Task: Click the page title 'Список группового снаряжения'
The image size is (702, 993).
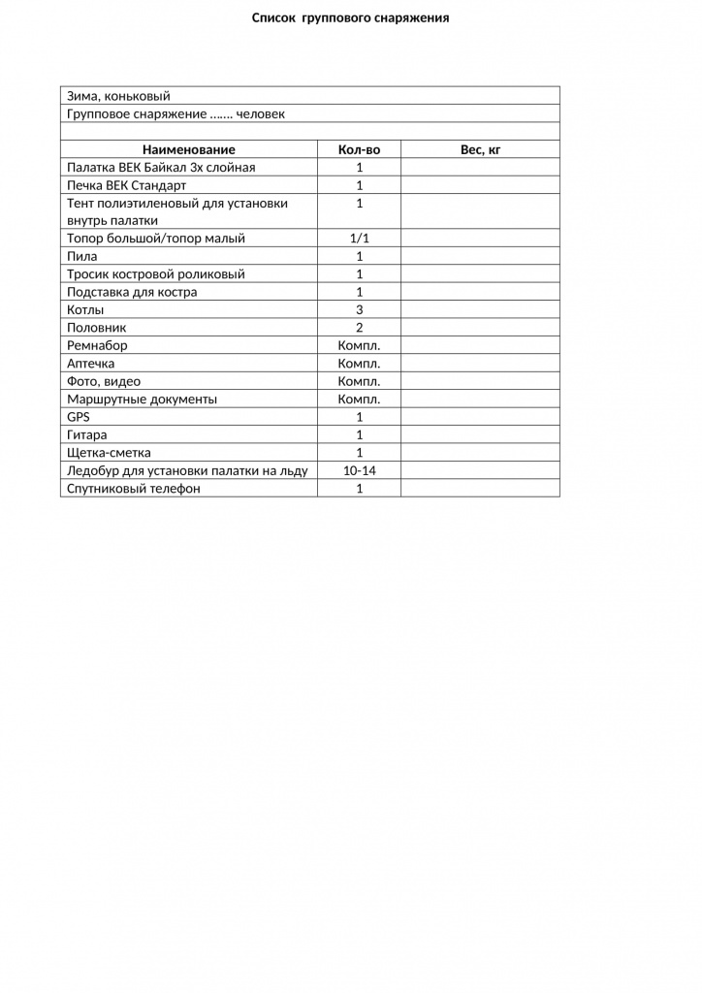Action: [350, 17]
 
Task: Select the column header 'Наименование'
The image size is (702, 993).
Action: [189, 149]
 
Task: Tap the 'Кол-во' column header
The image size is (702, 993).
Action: [359, 149]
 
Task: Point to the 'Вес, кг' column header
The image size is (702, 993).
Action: [480, 149]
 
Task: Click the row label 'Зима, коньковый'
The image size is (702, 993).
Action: [118, 96]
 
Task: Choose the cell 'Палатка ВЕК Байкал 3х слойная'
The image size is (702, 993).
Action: [161, 168]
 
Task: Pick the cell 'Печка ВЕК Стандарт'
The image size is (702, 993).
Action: [126, 185]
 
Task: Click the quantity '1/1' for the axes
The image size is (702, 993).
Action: [359, 239]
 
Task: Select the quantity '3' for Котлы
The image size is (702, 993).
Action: [359, 310]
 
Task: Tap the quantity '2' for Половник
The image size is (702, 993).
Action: [359, 328]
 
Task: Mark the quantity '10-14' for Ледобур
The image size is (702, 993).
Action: [359, 470]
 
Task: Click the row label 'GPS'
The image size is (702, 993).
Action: [79, 417]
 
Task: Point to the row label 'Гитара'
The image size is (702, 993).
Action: [87, 434]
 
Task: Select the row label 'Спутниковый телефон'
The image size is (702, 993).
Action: [134, 489]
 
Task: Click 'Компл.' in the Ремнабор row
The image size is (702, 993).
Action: [359, 345]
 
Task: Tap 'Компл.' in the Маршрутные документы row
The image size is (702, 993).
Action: [359, 399]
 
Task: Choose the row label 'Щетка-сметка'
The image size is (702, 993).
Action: [109, 453]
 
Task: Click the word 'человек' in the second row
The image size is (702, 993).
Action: [261, 114]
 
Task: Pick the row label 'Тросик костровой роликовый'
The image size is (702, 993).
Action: [155, 274]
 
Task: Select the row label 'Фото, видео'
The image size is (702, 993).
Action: [104, 381]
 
